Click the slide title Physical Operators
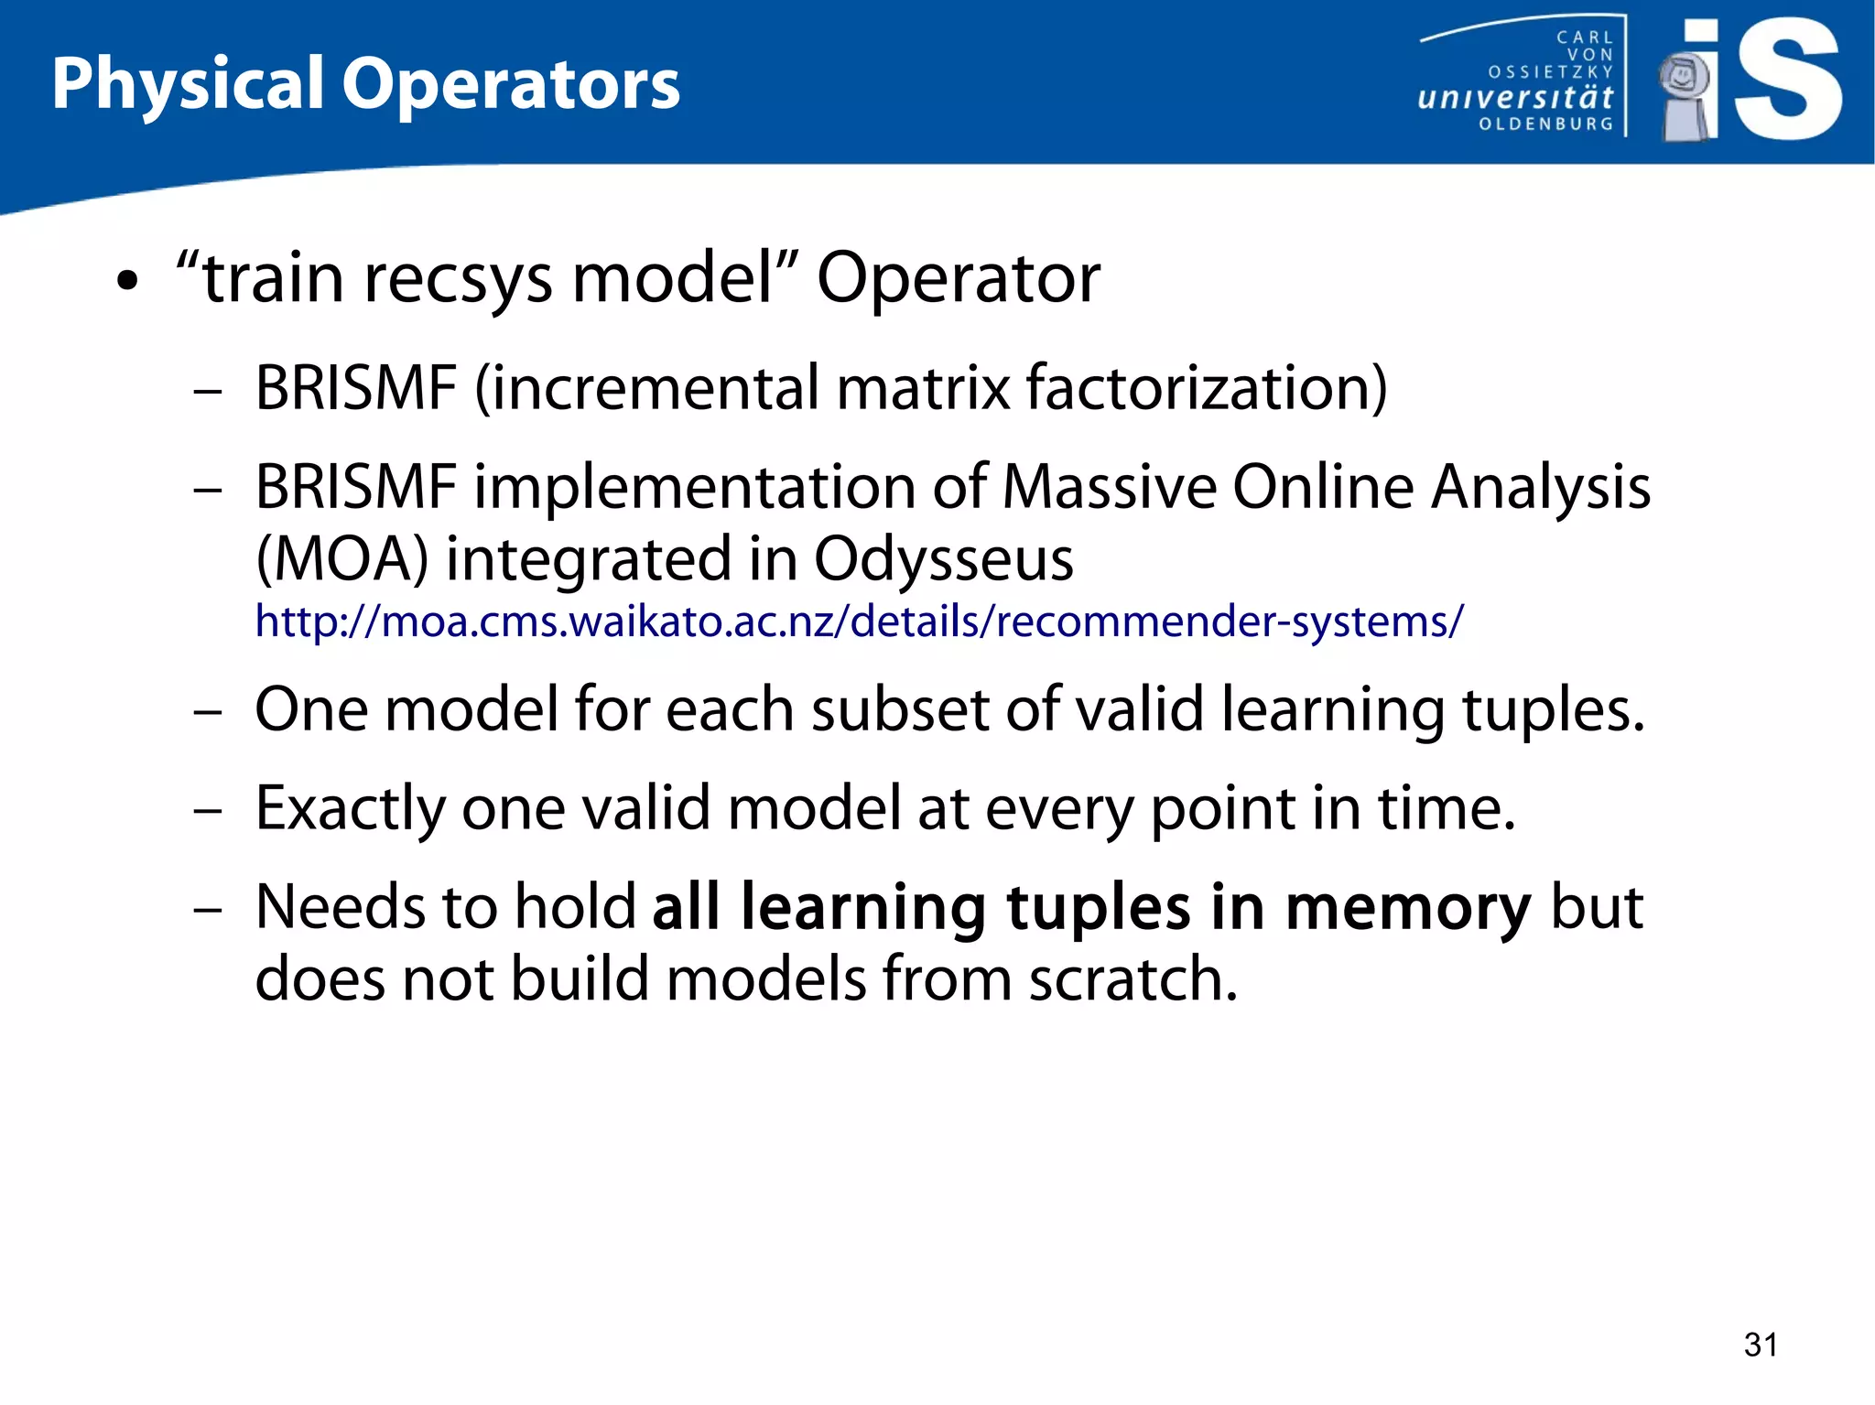[x=365, y=85]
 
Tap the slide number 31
[x=1761, y=1345]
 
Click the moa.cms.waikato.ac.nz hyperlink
[x=859, y=621]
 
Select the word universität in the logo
[x=1515, y=97]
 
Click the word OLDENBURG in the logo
[x=1546, y=124]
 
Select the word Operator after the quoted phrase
[x=958, y=278]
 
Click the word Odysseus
[x=943, y=559]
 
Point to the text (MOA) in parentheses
[x=341, y=559]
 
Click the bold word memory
[x=1407, y=908]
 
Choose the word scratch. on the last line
[x=1133, y=979]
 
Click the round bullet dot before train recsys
[x=127, y=282]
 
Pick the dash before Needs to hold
[x=208, y=910]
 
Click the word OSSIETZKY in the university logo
[x=1550, y=71]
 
